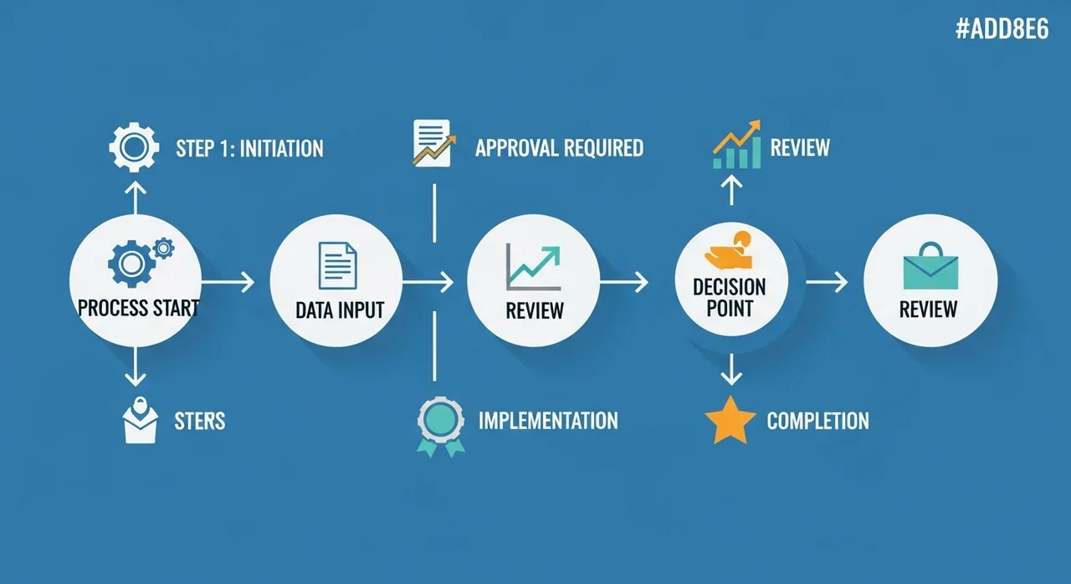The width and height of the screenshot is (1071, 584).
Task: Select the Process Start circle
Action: click(135, 279)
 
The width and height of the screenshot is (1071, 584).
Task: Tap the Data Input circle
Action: click(336, 279)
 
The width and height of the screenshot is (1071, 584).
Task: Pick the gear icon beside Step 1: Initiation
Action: click(134, 148)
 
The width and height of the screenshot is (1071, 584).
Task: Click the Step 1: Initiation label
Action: click(249, 149)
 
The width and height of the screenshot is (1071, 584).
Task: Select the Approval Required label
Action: click(559, 148)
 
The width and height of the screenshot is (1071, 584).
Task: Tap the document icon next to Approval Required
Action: click(433, 142)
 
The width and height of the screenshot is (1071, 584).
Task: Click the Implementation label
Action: click(548, 420)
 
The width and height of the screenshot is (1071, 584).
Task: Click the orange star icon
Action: click(730, 421)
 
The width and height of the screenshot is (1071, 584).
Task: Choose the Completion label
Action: click(817, 420)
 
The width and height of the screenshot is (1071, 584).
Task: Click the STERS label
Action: click(200, 420)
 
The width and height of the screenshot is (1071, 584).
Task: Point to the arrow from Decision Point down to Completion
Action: click(731, 369)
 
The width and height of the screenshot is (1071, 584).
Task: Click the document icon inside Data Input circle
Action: click(337, 266)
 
